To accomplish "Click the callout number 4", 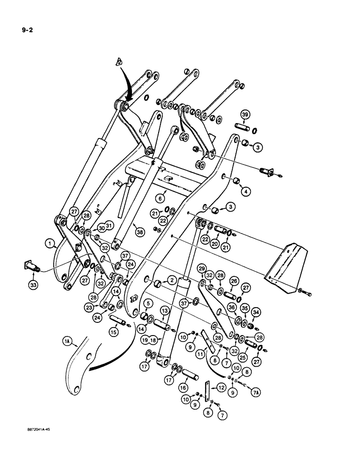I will pyautogui.click(x=256, y=190).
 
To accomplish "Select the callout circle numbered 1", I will pyautogui.click(x=49, y=242).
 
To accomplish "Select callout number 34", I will pyautogui.click(x=256, y=311).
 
